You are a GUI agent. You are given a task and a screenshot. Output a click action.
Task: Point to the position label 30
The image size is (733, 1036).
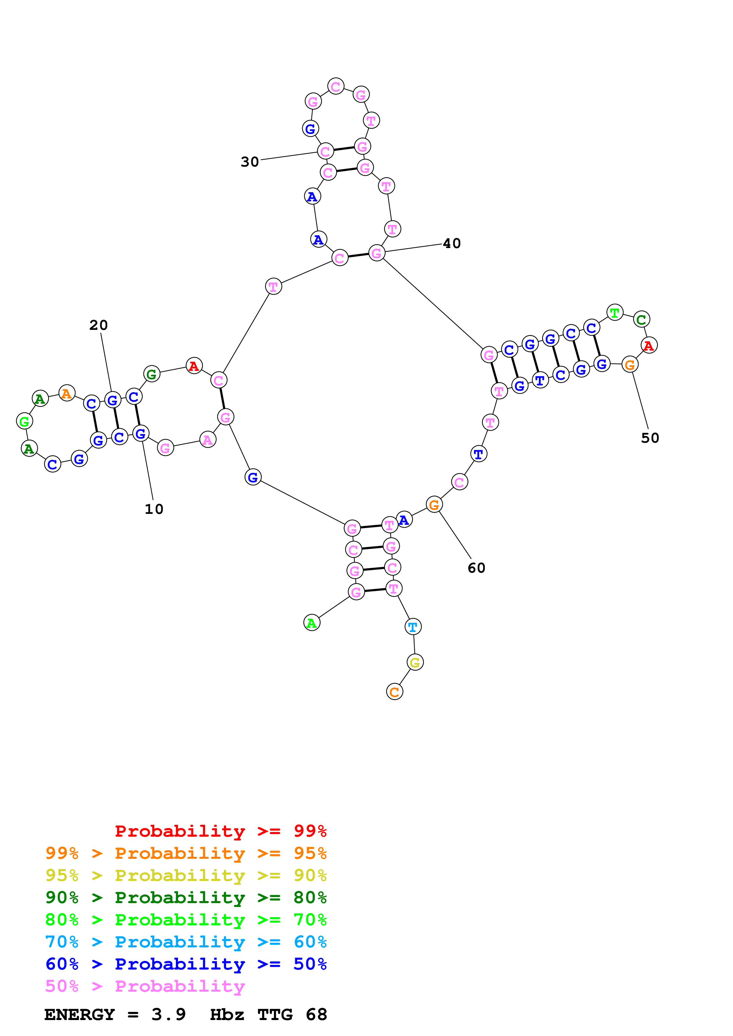[x=250, y=162]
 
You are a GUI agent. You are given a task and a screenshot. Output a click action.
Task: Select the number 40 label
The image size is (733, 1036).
[x=452, y=243]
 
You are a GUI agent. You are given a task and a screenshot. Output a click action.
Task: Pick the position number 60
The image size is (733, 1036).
[x=476, y=568]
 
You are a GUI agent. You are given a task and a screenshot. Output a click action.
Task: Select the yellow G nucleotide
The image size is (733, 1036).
[x=415, y=662]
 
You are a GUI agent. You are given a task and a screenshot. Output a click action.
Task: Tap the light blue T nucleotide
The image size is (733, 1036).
[x=413, y=627]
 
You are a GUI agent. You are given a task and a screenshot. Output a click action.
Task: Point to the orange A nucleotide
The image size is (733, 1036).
[x=67, y=393]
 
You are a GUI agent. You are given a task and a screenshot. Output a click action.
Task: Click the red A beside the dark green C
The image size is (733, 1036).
[x=648, y=346]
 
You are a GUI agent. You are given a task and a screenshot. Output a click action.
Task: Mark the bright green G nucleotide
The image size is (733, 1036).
[x=24, y=421]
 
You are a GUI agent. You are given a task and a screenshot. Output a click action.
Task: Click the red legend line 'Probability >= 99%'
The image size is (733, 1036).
[x=220, y=831]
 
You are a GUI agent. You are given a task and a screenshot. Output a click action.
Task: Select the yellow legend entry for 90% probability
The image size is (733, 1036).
[x=186, y=875]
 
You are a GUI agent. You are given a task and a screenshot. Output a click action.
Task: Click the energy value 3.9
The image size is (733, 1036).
[x=169, y=1014]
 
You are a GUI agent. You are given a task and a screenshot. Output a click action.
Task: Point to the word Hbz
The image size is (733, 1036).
[x=227, y=1014]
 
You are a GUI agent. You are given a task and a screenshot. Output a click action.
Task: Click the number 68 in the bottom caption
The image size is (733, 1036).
[x=316, y=1014]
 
